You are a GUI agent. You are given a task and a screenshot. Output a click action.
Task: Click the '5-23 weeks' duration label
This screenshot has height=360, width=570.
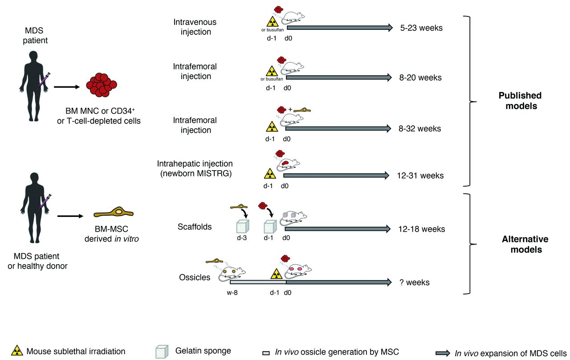coord(421,28)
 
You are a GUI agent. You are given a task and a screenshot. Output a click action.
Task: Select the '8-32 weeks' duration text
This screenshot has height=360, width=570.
coord(420,129)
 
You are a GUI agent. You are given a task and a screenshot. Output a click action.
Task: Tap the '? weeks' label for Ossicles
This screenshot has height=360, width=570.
coord(415,282)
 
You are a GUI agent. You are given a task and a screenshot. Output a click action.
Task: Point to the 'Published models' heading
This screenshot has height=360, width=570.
coord(520,101)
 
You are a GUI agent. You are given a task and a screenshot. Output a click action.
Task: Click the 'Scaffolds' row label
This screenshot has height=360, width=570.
coord(195,227)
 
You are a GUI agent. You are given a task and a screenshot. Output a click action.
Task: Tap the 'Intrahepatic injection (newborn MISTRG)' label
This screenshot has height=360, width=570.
coord(195,169)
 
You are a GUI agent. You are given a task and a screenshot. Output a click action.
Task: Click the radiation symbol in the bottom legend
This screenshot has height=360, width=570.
coord(17,351)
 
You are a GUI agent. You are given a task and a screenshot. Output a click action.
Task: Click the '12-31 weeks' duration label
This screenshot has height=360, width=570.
coord(420,176)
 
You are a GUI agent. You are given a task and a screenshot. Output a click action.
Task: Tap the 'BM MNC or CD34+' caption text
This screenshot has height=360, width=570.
coord(99,110)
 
